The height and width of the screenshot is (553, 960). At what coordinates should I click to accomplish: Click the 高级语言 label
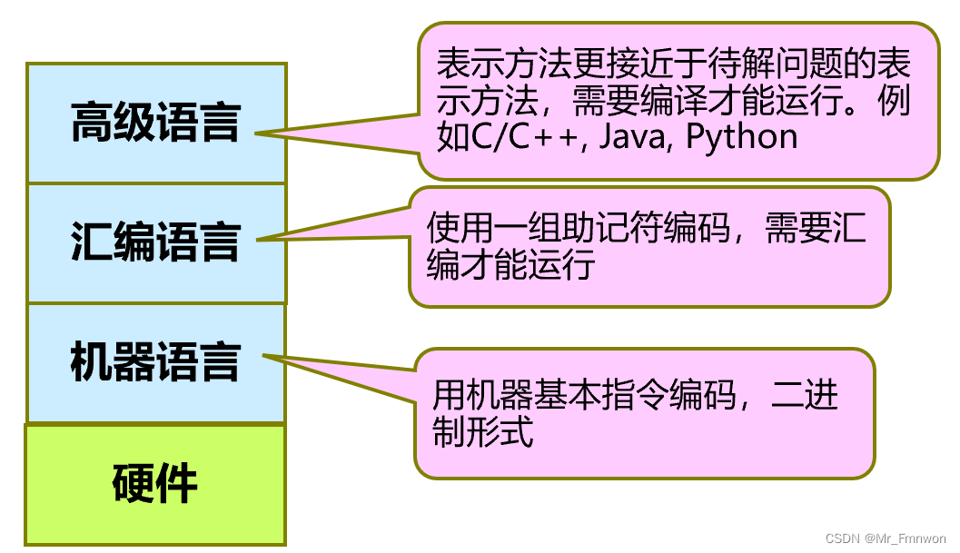tap(155, 123)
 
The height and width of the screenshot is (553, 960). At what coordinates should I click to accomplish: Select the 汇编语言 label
tap(155, 242)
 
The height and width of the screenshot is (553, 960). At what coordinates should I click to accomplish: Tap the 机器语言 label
tap(155, 362)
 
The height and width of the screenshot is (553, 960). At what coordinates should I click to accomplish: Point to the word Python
tap(741, 137)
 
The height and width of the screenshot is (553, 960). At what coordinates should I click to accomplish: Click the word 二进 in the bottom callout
tap(805, 396)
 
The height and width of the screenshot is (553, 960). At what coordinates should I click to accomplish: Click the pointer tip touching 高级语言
tap(257, 134)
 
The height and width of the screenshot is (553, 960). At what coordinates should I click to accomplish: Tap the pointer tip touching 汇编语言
tap(259, 241)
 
